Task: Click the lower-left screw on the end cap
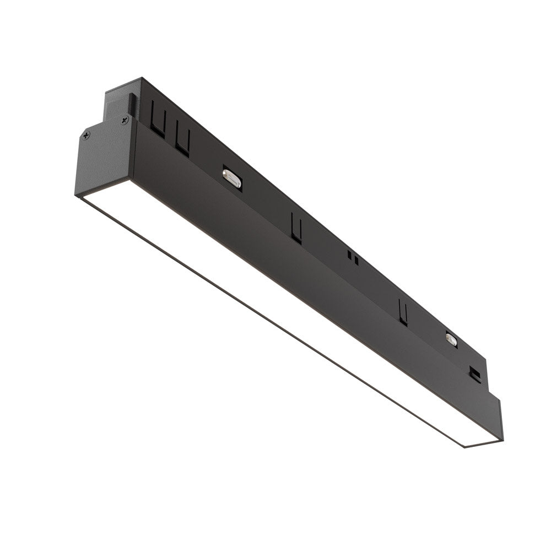pyautogui.click(x=86, y=136)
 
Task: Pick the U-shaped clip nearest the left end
pyautogui.click(x=158, y=122)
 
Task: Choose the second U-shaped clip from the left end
pyautogui.click(x=183, y=140)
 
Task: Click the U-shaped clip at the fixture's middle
pyautogui.click(x=296, y=228)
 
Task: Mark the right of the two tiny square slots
pyautogui.click(x=356, y=259)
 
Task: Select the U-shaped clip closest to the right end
pyautogui.click(x=403, y=312)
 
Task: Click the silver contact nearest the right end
pyautogui.click(x=451, y=339)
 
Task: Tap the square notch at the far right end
pyautogui.click(x=474, y=374)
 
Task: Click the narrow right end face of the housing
pyautogui.click(x=500, y=419)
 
